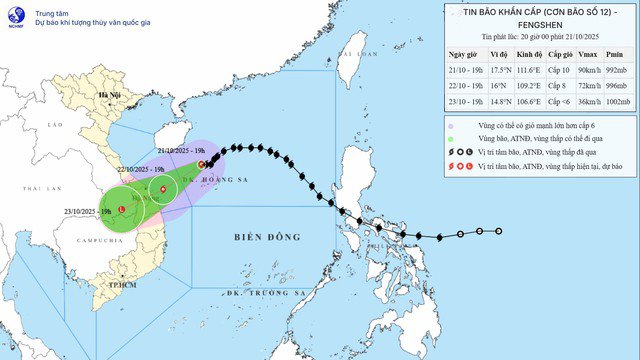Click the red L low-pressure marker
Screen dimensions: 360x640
point(121,209)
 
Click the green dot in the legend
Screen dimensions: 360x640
point(451,140)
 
